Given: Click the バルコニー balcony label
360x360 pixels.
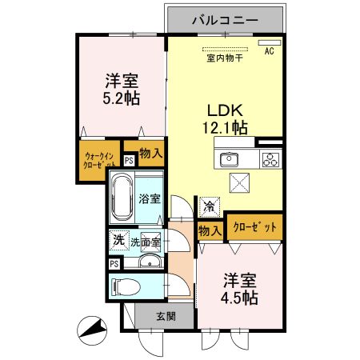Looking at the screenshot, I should (x=225, y=18).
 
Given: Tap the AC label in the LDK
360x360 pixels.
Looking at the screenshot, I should (x=269, y=51).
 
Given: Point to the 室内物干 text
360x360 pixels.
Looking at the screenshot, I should (x=225, y=57).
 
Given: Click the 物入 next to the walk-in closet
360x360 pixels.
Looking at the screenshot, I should (x=150, y=152).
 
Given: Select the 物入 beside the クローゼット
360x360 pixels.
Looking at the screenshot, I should (x=210, y=230).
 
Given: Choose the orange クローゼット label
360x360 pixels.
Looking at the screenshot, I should (x=254, y=227).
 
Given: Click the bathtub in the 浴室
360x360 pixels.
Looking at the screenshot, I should (x=122, y=197).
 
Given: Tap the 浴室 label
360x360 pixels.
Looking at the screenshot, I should (x=150, y=198).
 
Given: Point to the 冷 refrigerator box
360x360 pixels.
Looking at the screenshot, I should (x=209, y=206).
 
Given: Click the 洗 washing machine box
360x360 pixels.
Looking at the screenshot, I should (x=118, y=239).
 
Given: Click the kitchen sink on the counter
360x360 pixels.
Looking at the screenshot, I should (x=230, y=157).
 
